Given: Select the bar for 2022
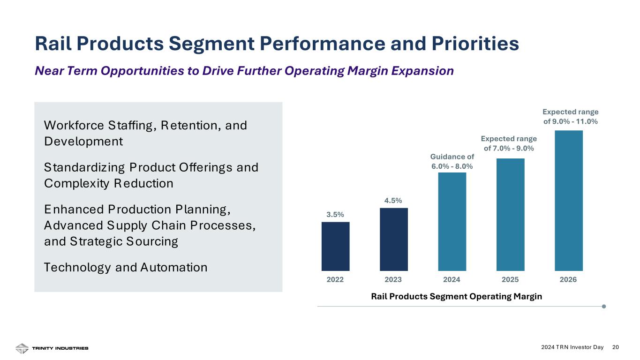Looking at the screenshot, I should click(335, 246).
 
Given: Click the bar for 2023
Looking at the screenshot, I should click(393, 239).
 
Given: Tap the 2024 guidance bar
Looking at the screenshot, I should click(452, 221).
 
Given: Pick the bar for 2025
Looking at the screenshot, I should click(510, 214).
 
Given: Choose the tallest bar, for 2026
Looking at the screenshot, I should click(568, 200).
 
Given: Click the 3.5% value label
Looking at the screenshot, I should click(335, 215).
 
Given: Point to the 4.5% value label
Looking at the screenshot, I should click(393, 201).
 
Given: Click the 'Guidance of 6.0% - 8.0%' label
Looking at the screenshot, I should click(452, 161).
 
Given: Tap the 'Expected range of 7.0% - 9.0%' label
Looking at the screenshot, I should click(509, 143).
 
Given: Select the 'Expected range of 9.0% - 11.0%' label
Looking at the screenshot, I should click(570, 117).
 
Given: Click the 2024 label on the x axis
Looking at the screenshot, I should click(452, 280).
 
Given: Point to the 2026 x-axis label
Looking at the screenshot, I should click(568, 280).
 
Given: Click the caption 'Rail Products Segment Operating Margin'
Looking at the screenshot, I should click(456, 296).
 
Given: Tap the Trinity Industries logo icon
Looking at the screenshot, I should click(22, 348).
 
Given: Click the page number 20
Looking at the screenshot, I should click(616, 347).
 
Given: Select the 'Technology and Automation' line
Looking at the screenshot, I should click(125, 268).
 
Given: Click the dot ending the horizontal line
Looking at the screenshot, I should click(603, 307).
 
